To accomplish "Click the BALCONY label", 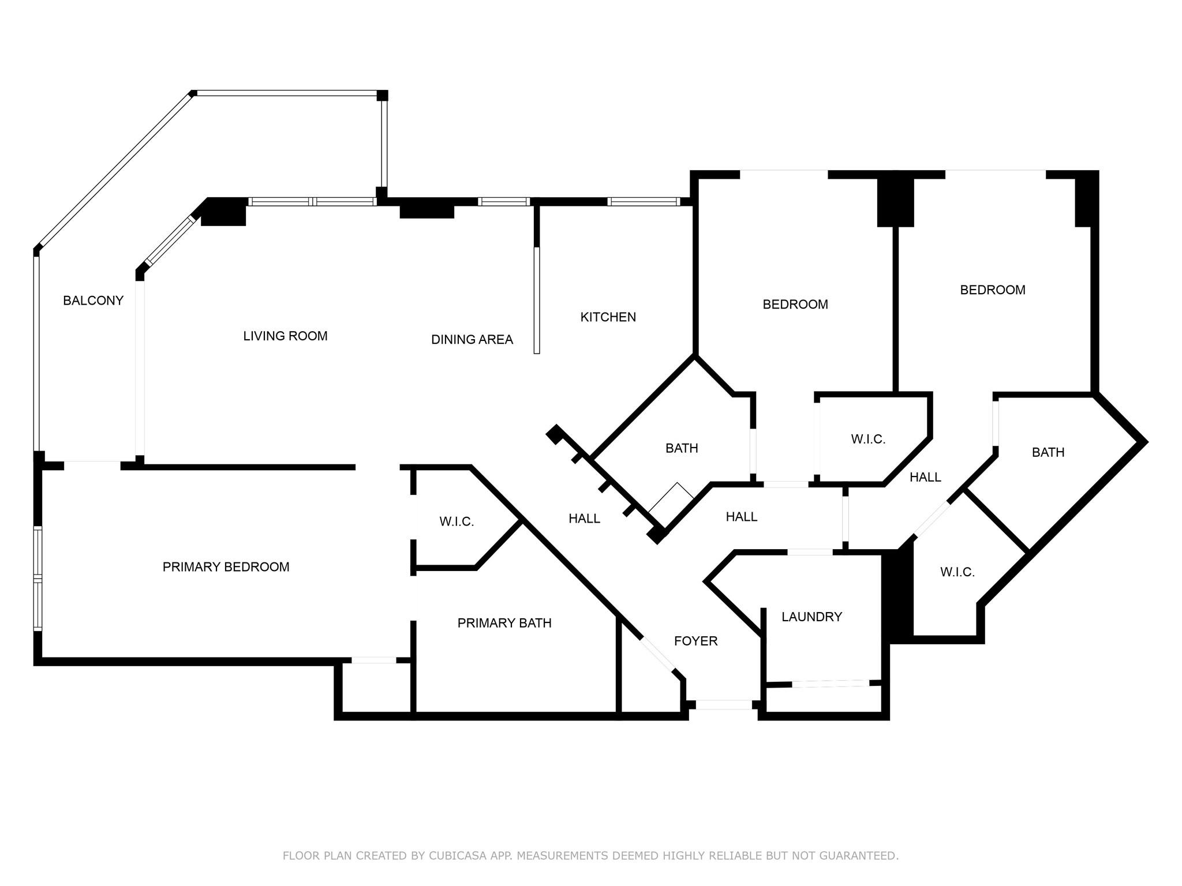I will pos(93,301).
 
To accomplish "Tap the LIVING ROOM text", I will pos(285,336).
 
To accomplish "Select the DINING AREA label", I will pos(472,340).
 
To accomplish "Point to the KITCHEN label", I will pos(608,317).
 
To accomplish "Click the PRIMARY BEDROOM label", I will pos(226,567).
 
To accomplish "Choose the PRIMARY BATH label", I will pos(504,623).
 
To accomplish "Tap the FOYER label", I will pos(695,641).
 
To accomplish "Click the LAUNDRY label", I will pos(811,617).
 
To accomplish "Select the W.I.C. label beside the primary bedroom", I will pos(456,521).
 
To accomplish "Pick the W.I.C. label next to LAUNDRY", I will pos(957,572).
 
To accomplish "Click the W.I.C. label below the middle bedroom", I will pos(867,440).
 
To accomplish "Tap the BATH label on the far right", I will pos(1048,452).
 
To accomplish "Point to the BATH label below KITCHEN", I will pos(681,448).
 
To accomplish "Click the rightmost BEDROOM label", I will pos(992,290).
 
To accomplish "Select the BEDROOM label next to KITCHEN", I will pos(795,304).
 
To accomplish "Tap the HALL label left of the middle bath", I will pos(584,519).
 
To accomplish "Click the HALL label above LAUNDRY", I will pos(741,517).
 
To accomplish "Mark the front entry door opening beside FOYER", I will pos(724,704).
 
